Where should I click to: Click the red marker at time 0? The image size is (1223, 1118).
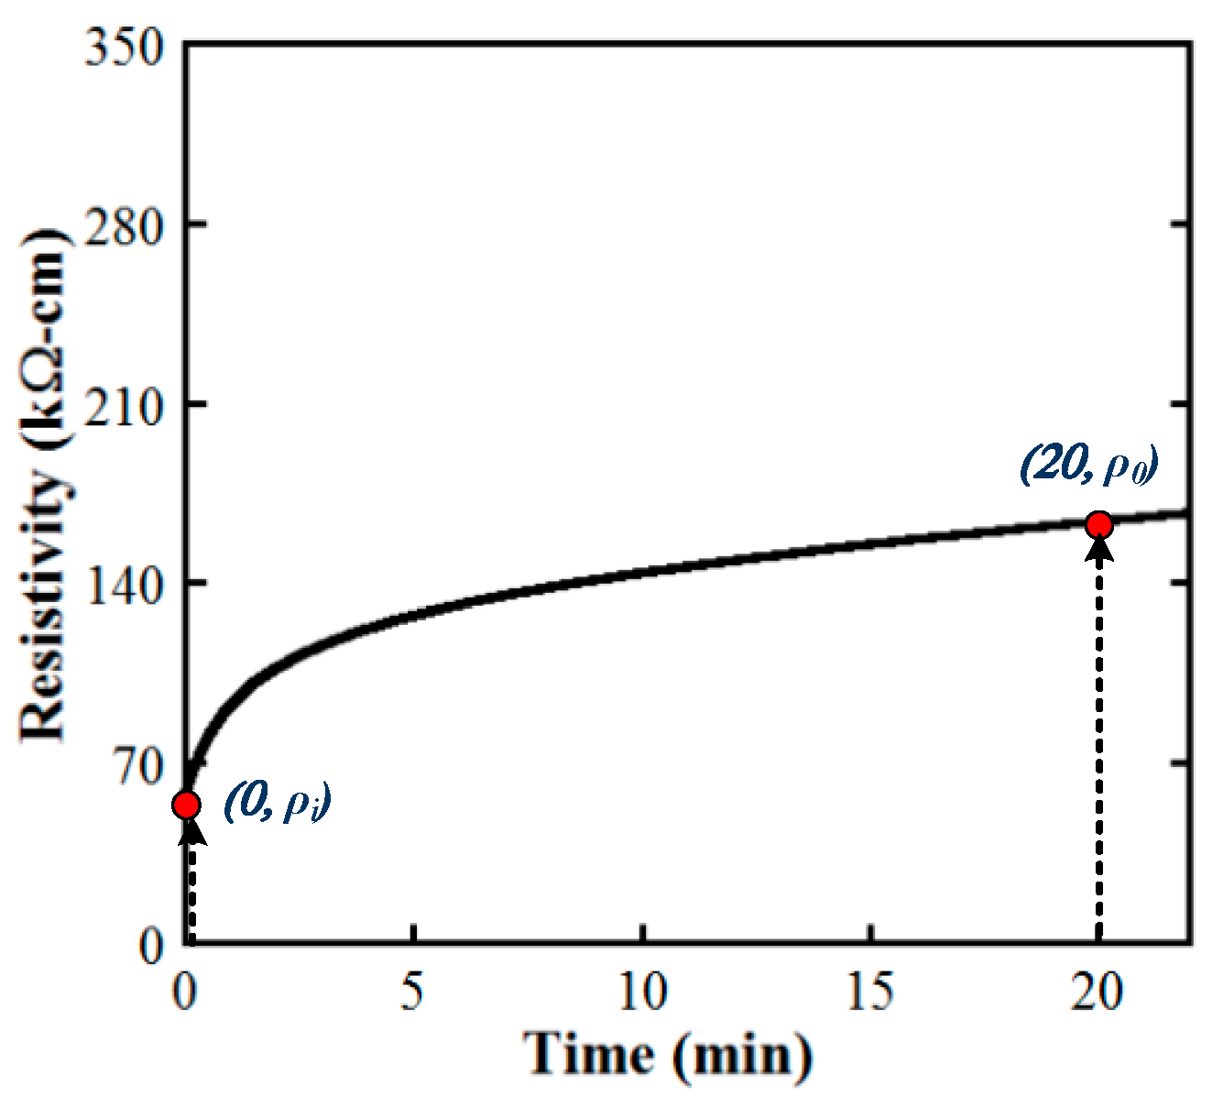(x=186, y=805)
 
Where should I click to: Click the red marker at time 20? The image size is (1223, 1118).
(x=1098, y=524)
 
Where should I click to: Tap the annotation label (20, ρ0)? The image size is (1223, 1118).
(x=1089, y=465)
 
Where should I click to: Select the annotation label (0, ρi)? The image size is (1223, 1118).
(x=277, y=803)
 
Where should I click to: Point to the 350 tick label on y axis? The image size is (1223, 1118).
(x=124, y=46)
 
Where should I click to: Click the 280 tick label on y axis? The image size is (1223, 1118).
(x=124, y=225)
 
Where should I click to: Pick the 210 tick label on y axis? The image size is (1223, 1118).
(x=124, y=404)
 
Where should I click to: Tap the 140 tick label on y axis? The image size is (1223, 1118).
(x=124, y=583)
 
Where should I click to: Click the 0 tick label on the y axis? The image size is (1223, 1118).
(x=150, y=944)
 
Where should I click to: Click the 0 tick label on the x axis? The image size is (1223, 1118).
(x=186, y=992)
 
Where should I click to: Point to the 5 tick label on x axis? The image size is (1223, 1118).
(x=414, y=992)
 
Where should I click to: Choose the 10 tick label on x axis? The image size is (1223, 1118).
(x=642, y=992)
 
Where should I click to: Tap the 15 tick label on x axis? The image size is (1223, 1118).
(x=870, y=992)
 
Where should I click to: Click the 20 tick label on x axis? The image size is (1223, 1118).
(x=1098, y=992)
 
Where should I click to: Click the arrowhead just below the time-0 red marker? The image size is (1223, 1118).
(x=190, y=828)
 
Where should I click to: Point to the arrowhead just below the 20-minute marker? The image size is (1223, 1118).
(x=1098, y=548)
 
